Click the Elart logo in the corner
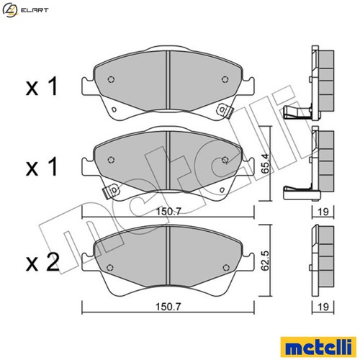(25, 10)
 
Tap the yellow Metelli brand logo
(318, 347)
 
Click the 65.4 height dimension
(266, 163)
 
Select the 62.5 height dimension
(266, 261)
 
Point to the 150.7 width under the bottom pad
(168, 307)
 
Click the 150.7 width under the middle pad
(168, 212)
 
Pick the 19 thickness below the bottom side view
(323, 307)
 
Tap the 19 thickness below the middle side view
(323, 212)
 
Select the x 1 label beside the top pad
(42, 86)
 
